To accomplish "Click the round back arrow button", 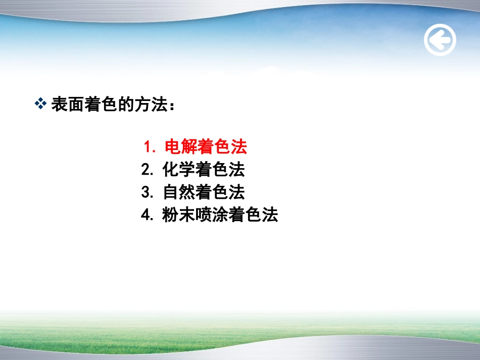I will coord(440,40).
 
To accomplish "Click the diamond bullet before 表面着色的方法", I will coord(40,104).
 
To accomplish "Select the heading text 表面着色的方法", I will coord(109,105).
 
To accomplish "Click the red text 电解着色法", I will coord(206,147).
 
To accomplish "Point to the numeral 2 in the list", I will coord(147,170).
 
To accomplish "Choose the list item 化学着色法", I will coord(204,170).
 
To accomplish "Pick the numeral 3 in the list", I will coord(147,193).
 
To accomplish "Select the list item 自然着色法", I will coord(204,193).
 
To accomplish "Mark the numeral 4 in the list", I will coord(147,216).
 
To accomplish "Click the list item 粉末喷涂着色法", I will coord(220,216).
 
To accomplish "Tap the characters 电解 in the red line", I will coord(181,147).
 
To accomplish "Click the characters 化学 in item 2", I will coord(179,170).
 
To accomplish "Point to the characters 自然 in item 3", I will coord(179,193).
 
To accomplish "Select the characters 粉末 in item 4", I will coord(179,216).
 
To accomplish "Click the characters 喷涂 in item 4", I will coord(212,216).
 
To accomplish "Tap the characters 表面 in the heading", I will coord(67,105).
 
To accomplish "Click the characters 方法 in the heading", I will coord(150,105).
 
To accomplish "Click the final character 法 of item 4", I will coord(270,216).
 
